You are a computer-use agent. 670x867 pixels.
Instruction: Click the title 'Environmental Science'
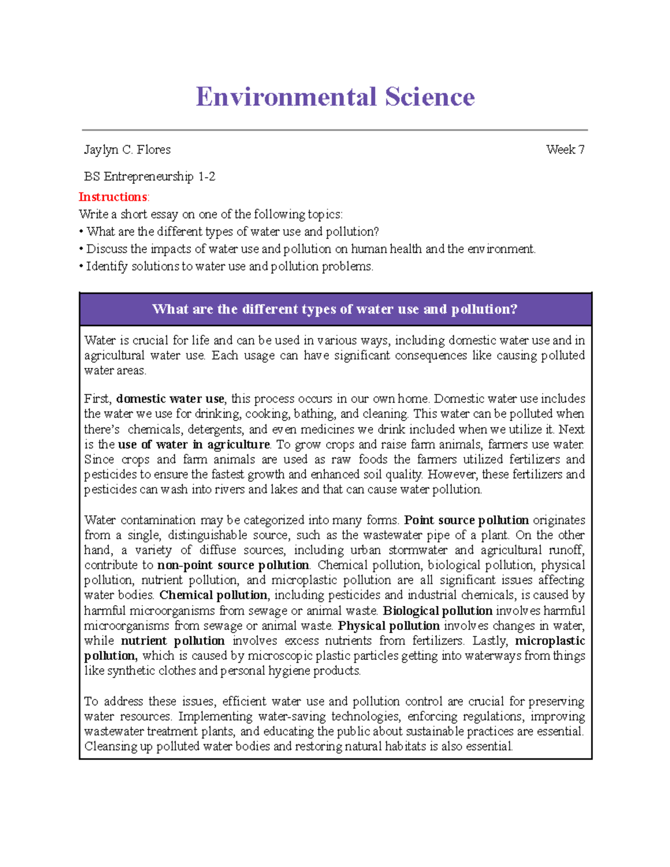pyautogui.click(x=335, y=97)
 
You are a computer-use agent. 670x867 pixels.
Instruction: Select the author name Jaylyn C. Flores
pyautogui.click(x=127, y=150)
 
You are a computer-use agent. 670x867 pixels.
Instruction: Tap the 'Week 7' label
pyautogui.click(x=565, y=150)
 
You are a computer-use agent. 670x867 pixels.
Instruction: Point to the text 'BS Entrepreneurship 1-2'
pyautogui.click(x=150, y=176)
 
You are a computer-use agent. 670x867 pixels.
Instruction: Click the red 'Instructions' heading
pyautogui.click(x=113, y=197)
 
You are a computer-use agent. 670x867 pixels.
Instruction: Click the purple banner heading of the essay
pyautogui.click(x=335, y=309)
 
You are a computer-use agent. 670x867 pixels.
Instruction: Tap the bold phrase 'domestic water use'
pyautogui.click(x=170, y=399)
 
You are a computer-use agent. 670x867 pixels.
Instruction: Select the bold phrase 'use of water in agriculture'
pyautogui.click(x=194, y=444)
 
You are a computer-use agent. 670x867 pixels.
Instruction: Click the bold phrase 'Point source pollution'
pyautogui.click(x=466, y=520)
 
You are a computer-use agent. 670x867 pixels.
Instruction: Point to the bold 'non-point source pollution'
pyautogui.click(x=233, y=565)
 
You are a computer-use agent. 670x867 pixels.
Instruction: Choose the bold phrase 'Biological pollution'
pyautogui.click(x=437, y=610)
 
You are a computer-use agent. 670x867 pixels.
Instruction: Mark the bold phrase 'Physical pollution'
pyautogui.click(x=389, y=625)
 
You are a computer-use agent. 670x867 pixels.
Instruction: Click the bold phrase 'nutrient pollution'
pyautogui.click(x=173, y=640)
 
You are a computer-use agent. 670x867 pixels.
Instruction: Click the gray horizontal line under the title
pyautogui.click(x=335, y=130)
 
